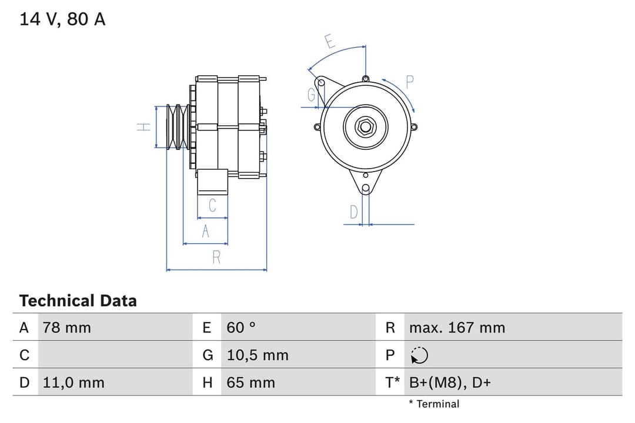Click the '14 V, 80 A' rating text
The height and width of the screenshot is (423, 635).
(63, 19)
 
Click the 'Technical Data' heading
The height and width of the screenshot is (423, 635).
(78, 301)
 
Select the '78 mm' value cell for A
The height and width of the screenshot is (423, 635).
(67, 327)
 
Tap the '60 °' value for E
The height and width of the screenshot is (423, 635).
(241, 327)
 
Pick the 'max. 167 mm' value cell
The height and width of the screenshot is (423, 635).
(457, 327)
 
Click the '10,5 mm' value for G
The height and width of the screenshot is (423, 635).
(258, 355)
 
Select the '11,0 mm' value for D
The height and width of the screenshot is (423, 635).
(73, 382)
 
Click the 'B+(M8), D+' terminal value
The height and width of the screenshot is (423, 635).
(450, 382)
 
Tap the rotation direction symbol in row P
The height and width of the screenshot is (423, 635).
(419, 355)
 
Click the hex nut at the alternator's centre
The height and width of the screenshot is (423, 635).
(365, 126)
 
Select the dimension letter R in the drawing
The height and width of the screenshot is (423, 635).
(216, 257)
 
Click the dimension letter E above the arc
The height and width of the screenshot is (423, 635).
(330, 42)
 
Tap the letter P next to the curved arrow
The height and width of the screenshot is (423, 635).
(410, 82)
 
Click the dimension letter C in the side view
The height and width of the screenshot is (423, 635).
(212, 206)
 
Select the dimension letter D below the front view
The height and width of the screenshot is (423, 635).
(353, 212)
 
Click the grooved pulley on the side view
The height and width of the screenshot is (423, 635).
(177, 126)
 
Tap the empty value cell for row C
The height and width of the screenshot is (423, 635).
(115, 355)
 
